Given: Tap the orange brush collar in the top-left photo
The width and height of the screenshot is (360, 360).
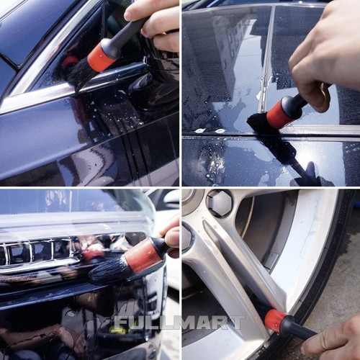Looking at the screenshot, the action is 101,58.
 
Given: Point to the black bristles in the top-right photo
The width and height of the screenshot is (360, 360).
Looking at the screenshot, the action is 258,123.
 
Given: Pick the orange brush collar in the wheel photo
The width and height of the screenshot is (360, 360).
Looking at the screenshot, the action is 276,321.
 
